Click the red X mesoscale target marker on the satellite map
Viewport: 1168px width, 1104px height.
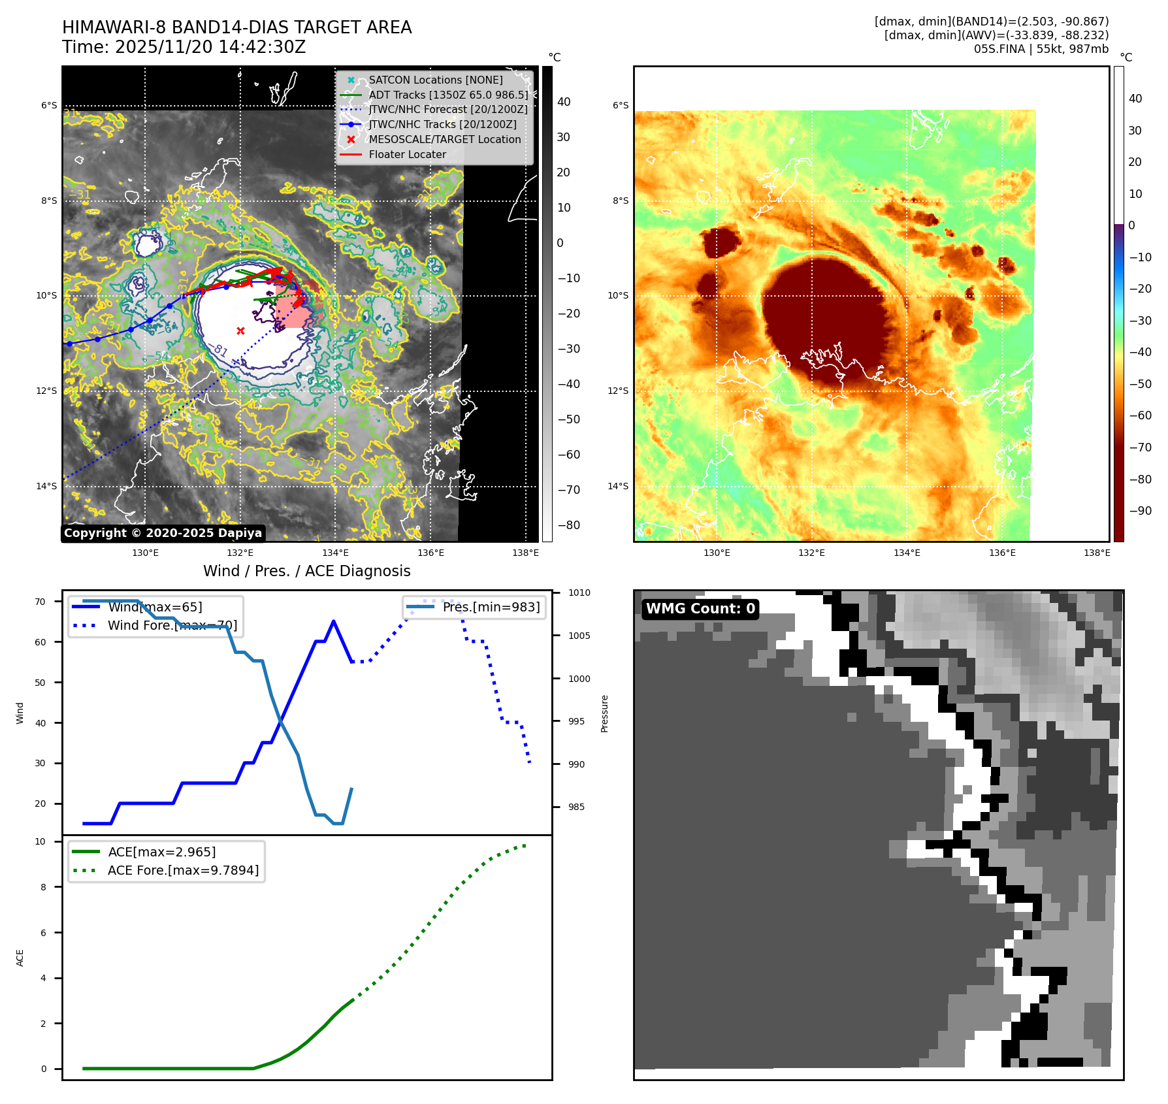(x=240, y=331)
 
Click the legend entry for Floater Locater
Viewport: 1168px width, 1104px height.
(x=407, y=155)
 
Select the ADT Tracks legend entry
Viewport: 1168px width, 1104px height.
(x=447, y=95)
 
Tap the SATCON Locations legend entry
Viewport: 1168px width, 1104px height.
(x=435, y=80)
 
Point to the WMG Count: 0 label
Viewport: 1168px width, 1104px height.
(x=700, y=609)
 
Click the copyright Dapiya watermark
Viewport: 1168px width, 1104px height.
(x=163, y=533)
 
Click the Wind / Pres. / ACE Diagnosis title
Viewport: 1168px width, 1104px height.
(x=307, y=571)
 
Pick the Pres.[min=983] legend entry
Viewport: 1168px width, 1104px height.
(x=491, y=608)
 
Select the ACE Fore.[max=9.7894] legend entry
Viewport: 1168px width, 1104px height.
(x=183, y=870)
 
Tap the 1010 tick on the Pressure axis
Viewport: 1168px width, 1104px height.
(x=579, y=593)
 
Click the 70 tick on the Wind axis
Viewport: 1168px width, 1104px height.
(x=41, y=602)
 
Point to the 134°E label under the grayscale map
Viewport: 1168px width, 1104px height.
(x=336, y=553)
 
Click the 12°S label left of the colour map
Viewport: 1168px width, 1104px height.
(x=618, y=391)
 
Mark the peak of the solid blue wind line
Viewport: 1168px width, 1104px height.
(x=334, y=621)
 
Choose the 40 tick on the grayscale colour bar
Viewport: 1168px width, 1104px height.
(x=564, y=102)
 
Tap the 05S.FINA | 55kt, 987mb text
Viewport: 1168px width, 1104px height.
(x=1041, y=49)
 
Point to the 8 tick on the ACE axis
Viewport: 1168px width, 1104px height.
(x=43, y=887)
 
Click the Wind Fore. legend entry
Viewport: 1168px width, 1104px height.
(x=172, y=626)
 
